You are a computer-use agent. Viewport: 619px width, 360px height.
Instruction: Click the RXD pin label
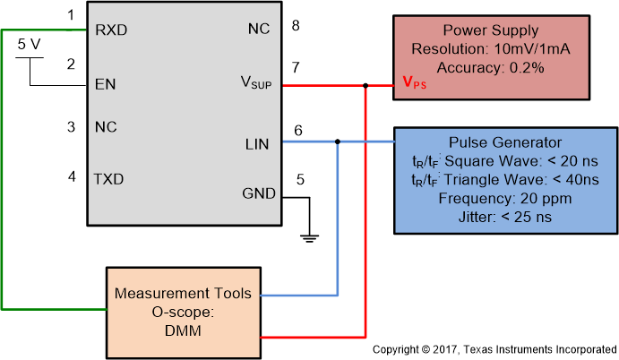pos(111,30)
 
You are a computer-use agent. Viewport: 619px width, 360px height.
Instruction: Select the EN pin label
pos(105,86)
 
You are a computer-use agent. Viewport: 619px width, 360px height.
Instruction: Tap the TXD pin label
pos(109,178)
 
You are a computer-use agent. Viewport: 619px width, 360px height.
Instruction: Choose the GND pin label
pos(259,194)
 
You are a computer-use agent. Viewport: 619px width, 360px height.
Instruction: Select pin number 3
pos(71,127)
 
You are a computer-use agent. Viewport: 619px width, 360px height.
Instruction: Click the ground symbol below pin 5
pos(308,237)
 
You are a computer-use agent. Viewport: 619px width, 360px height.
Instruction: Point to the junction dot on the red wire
pos(365,86)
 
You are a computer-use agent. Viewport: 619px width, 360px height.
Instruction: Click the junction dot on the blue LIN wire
pos(337,141)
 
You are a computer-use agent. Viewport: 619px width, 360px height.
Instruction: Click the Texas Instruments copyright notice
pos(494,348)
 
